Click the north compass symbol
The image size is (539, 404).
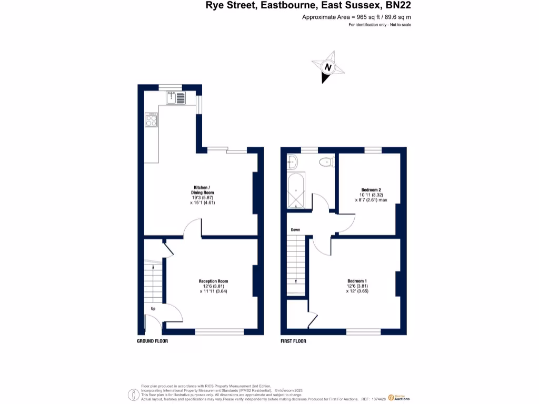(x=328, y=67)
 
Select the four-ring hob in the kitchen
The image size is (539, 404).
(x=152, y=120)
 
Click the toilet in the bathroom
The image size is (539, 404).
(x=326, y=163)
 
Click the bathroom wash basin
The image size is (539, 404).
(x=292, y=163)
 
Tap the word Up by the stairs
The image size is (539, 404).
(x=153, y=309)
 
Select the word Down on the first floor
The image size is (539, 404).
(x=295, y=230)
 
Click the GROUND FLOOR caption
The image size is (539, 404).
(x=152, y=341)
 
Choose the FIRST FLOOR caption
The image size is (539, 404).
(x=294, y=341)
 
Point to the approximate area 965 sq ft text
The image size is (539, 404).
(x=356, y=17)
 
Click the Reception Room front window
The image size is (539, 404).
(x=219, y=332)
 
